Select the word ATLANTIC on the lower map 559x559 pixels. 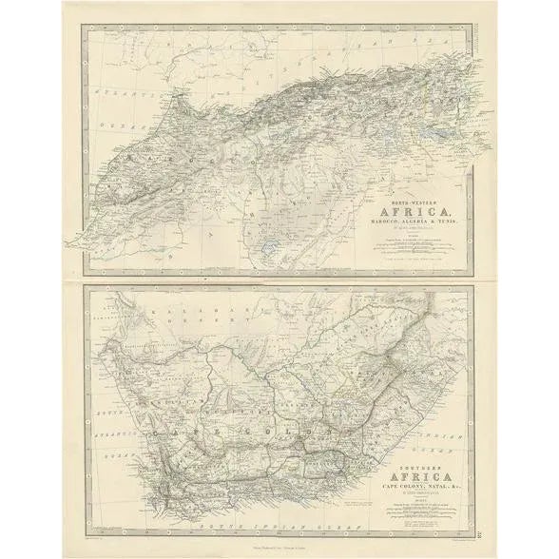(x=111, y=434)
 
